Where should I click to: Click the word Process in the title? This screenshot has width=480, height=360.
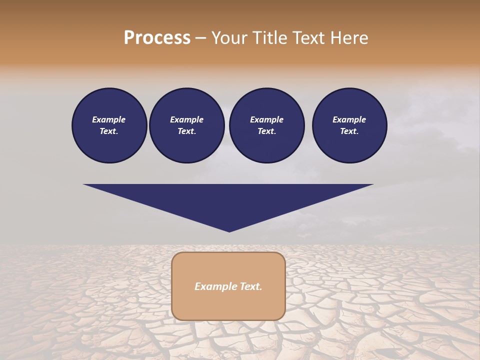click(x=157, y=37)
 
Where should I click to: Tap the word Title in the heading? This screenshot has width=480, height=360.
click(x=269, y=37)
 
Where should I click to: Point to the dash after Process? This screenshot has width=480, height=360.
click(x=200, y=38)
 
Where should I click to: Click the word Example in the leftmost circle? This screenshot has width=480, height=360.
click(x=109, y=119)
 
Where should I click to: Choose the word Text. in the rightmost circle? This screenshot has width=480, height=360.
click(x=349, y=131)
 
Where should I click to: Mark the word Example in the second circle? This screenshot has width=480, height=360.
click(x=187, y=119)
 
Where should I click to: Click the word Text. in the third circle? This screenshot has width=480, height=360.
click(x=267, y=131)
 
